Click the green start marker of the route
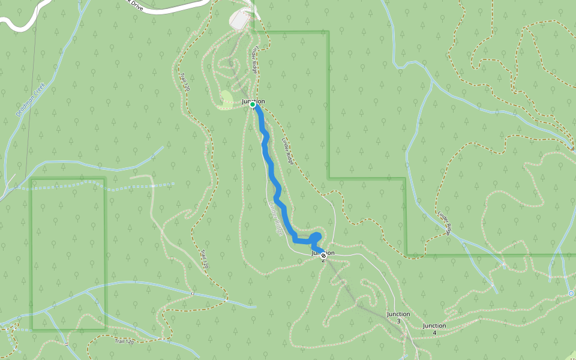(253, 104)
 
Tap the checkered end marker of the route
(323, 256)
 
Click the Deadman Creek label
(31, 99)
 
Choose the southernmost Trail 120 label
(124, 341)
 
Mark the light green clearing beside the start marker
(227, 98)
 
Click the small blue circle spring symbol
(571, 293)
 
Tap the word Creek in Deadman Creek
(40, 89)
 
